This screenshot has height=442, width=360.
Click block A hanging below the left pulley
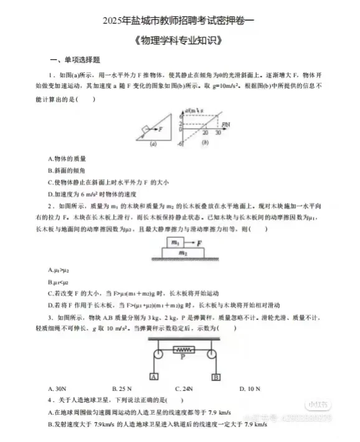153,377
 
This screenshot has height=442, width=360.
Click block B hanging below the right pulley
216,377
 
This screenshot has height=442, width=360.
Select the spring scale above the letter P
184,349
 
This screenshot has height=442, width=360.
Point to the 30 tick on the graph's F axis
217,133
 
